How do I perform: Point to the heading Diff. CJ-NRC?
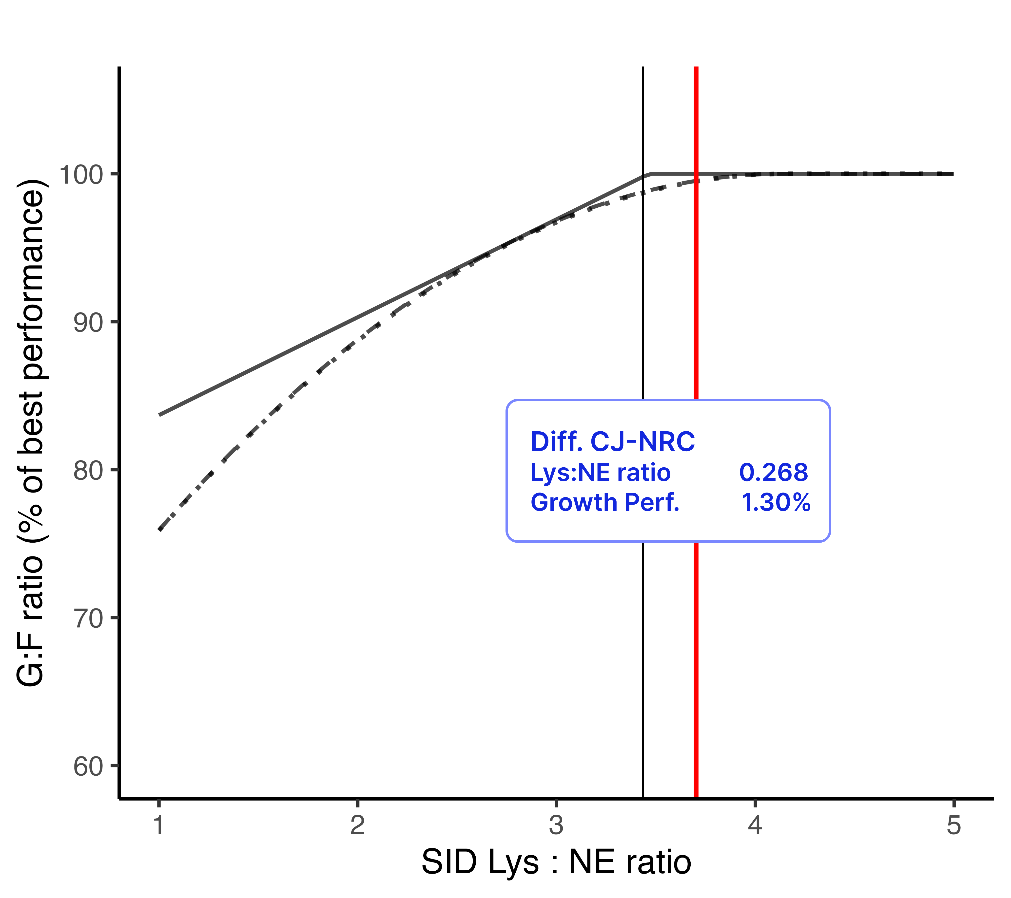tap(612, 442)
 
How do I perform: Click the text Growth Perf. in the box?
tap(604, 503)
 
